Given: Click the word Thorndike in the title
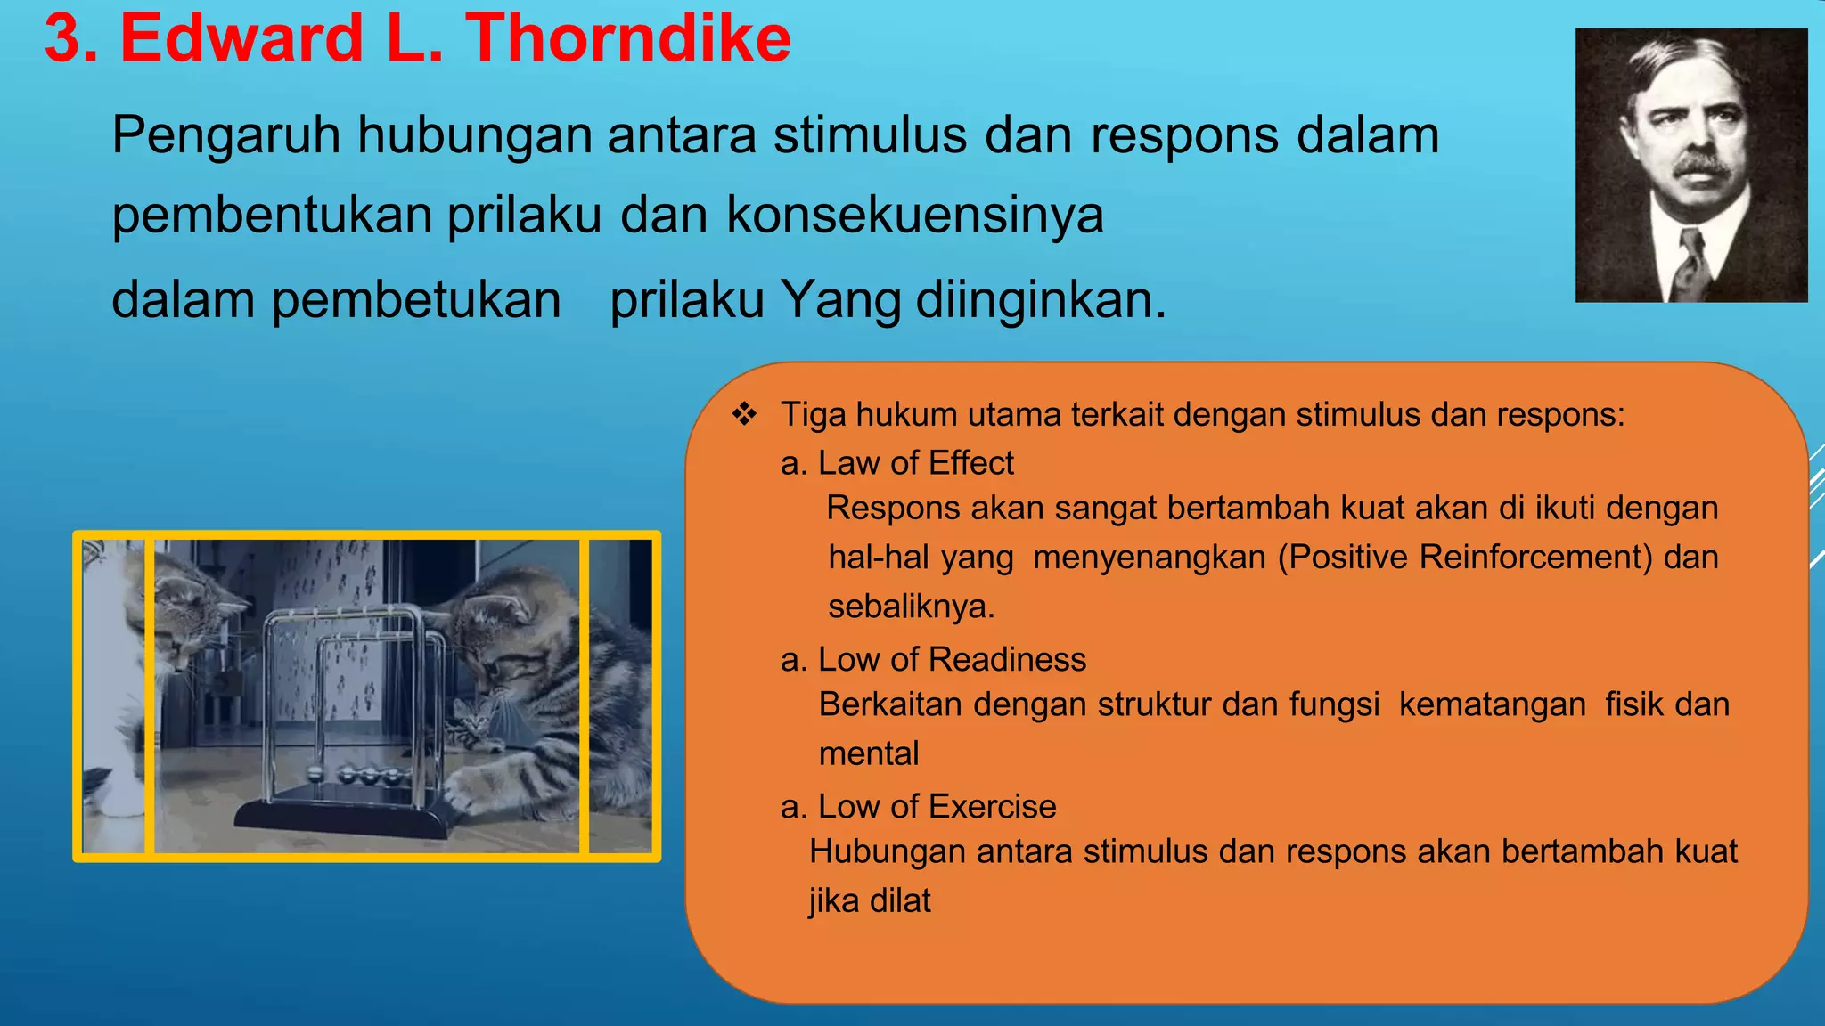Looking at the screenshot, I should (x=628, y=39).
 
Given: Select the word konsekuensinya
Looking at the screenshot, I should (x=915, y=216).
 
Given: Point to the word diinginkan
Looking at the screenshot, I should (x=1040, y=300).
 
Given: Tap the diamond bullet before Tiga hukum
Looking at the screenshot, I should (x=744, y=414).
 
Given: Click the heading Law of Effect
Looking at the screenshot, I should (x=915, y=463).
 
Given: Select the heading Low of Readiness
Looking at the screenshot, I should (x=951, y=660).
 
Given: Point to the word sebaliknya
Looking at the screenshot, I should (x=911, y=607).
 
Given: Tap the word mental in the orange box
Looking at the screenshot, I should (x=868, y=754).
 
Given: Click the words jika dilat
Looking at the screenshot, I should (x=870, y=901).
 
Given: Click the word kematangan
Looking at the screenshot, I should (x=1492, y=705).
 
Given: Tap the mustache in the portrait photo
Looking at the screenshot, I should (x=1702, y=166).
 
